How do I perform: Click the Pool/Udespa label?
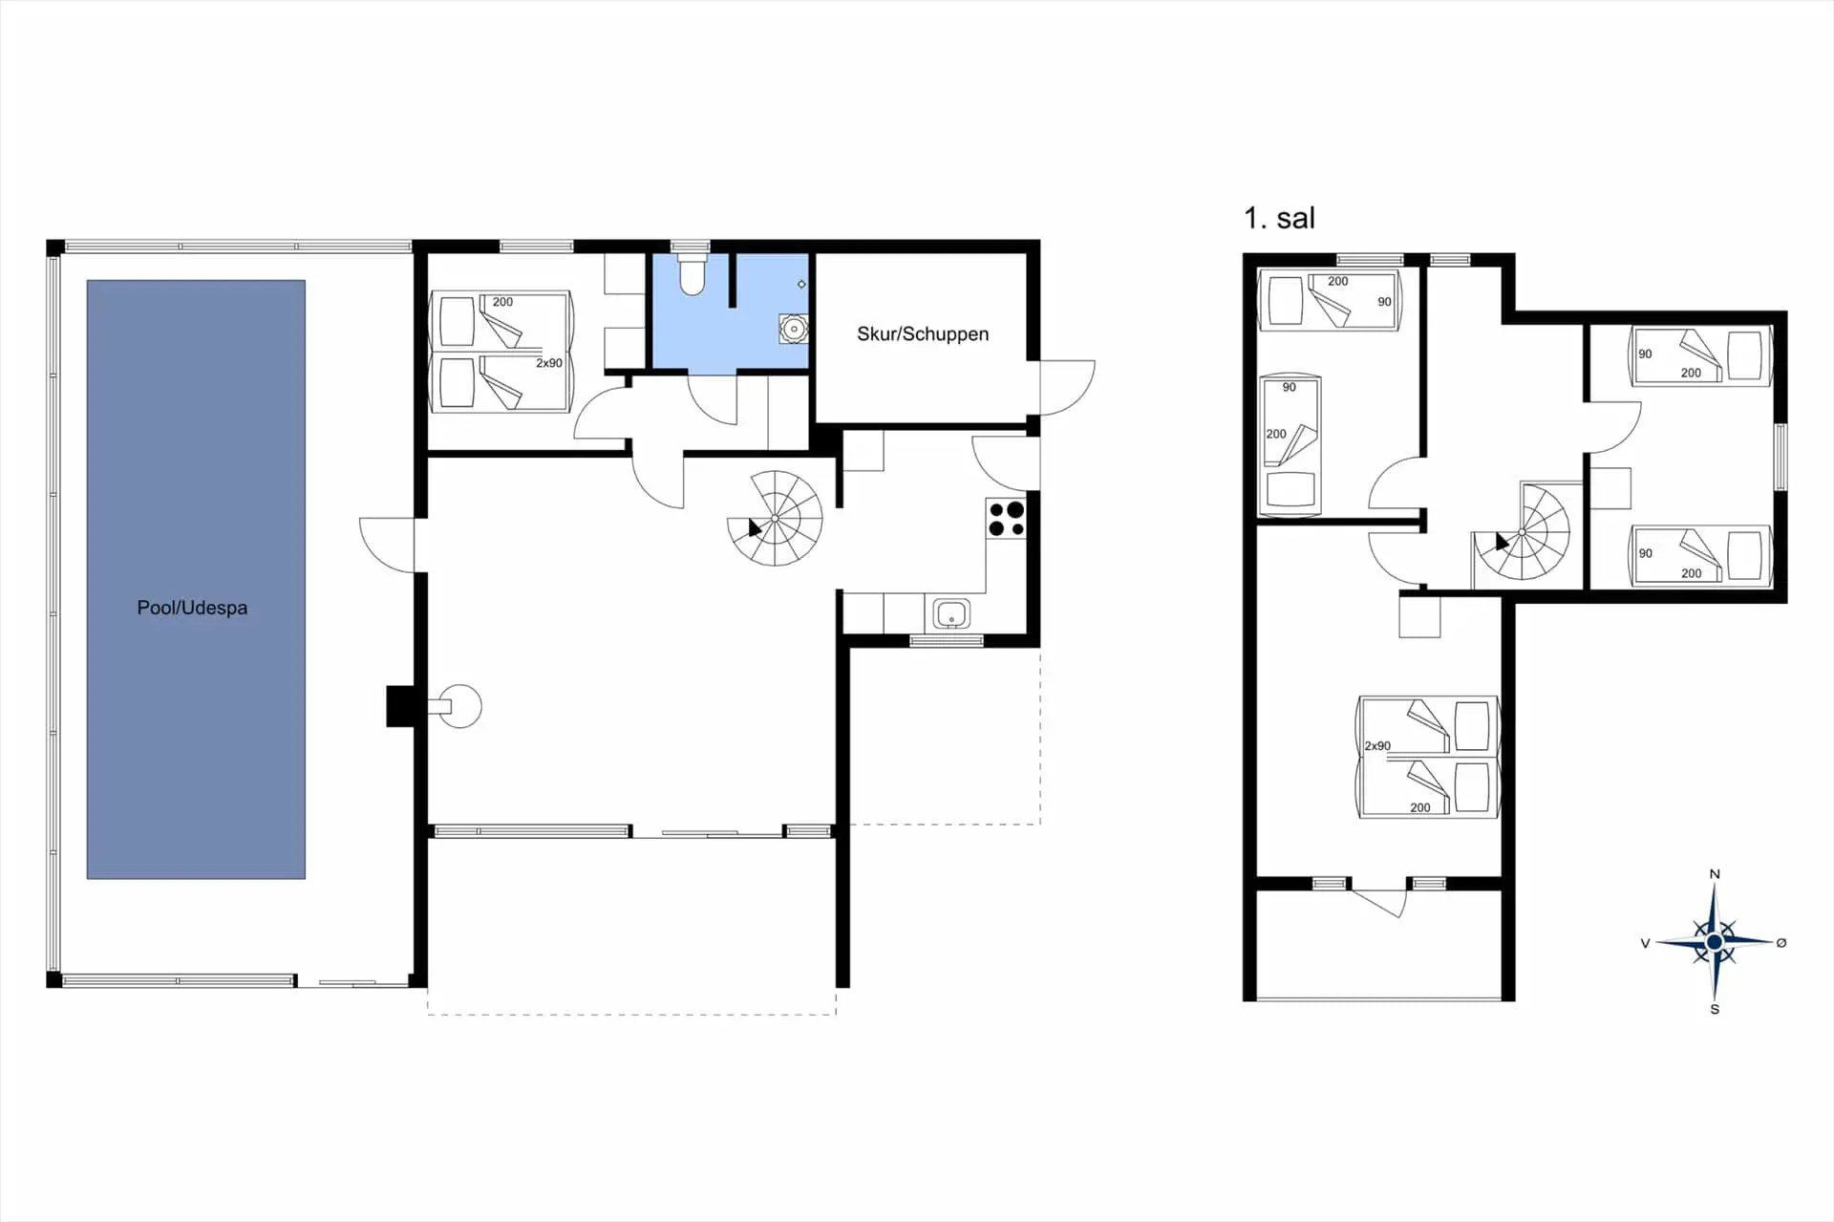point(192,608)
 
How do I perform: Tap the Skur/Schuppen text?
point(923,333)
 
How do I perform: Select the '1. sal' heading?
point(1279,218)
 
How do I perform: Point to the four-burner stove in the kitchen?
point(1006,519)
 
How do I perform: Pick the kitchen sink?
point(951,613)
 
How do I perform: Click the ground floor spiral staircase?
point(775,518)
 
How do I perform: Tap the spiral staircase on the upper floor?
point(1522,532)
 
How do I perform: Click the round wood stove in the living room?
point(459,707)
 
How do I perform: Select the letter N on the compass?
point(1715,874)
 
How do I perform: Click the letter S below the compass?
point(1715,1009)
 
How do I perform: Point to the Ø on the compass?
point(1781,943)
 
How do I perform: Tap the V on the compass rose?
point(1645,943)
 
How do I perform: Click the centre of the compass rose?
point(1715,942)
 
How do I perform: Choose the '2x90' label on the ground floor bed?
point(549,363)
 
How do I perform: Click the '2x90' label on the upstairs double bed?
point(1377,746)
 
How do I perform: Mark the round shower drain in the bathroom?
point(794,329)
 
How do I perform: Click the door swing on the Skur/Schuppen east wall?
point(1067,387)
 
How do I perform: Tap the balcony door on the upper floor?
point(1379,901)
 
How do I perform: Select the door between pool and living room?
point(387,546)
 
